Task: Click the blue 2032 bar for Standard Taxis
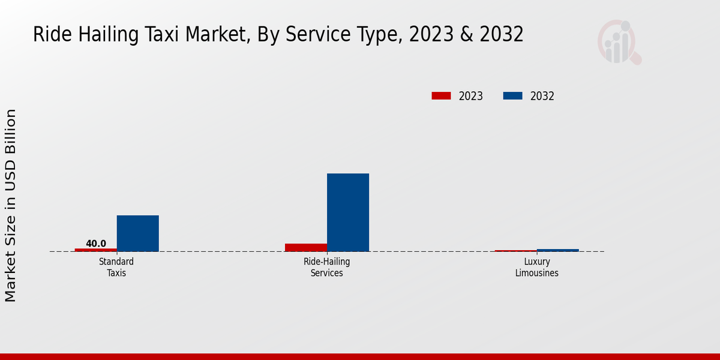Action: [x=138, y=233]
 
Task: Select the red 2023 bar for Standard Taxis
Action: [x=96, y=250]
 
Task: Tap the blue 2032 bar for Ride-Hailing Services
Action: [x=348, y=212]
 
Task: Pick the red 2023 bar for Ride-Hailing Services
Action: [x=306, y=247]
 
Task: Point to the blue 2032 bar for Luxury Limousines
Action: [x=558, y=250]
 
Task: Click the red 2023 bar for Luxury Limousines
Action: [x=516, y=251]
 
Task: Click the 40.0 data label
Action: [x=96, y=244]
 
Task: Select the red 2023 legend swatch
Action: [x=441, y=96]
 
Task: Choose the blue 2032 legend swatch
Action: [x=512, y=96]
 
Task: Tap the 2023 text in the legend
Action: [x=471, y=96]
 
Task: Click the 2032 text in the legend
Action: [x=542, y=96]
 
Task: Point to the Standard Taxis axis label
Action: [x=116, y=267]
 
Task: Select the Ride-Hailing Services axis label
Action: [x=327, y=267]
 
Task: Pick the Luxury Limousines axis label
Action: [x=537, y=267]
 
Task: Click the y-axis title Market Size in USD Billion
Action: [x=11, y=205]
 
